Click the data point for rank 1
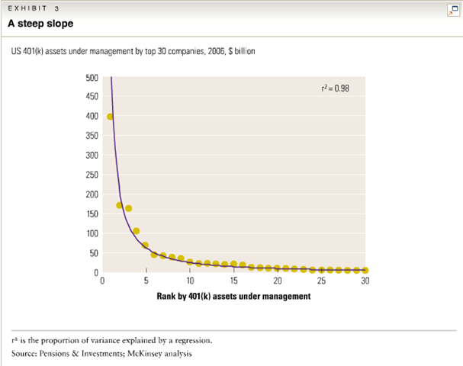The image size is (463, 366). (x=111, y=117)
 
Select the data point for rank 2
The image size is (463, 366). (x=120, y=205)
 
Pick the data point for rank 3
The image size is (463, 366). (x=128, y=208)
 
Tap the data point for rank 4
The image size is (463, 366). (x=137, y=231)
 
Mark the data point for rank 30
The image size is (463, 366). (x=365, y=270)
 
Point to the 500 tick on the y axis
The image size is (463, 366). (x=92, y=77)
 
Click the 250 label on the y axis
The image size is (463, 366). (x=92, y=175)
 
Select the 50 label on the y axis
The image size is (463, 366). (x=94, y=252)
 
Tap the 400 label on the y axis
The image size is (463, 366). (x=92, y=116)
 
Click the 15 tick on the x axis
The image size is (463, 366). (x=233, y=281)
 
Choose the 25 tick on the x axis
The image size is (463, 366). (x=321, y=281)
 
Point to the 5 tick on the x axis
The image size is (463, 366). (x=146, y=281)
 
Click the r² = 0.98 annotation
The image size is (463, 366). (x=336, y=87)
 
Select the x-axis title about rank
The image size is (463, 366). (x=233, y=297)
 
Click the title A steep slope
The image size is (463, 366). (x=40, y=24)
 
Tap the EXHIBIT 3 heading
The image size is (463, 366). (x=32, y=8)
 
